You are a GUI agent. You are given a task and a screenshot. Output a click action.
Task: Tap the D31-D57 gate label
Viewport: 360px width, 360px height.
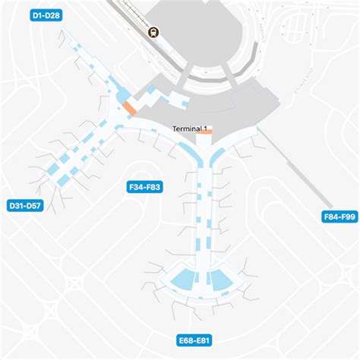(x=24, y=205)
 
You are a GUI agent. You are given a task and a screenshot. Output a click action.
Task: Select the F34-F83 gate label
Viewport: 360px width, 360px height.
(x=145, y=185)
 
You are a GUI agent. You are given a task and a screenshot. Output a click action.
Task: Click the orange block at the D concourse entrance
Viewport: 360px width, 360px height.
(x=130, y=109)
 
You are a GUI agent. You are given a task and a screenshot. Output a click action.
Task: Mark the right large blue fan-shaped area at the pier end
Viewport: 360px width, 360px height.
(x=220, y=281)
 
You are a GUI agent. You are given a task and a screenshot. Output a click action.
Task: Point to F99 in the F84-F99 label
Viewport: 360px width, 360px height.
(x=347, y=217)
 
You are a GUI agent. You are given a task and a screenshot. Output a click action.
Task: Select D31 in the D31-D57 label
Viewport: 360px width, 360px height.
(x=14, y=205)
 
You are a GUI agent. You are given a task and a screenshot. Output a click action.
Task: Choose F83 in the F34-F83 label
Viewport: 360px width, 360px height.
(x=155, y=185)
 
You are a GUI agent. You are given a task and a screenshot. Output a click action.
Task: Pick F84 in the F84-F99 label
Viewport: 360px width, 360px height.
(x=328, y=217)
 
